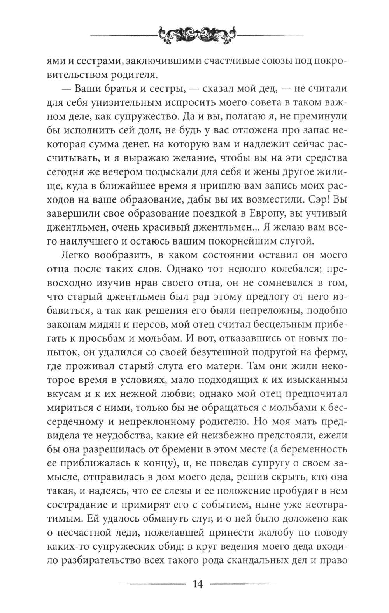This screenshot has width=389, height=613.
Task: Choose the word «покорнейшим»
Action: pos(237,241)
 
